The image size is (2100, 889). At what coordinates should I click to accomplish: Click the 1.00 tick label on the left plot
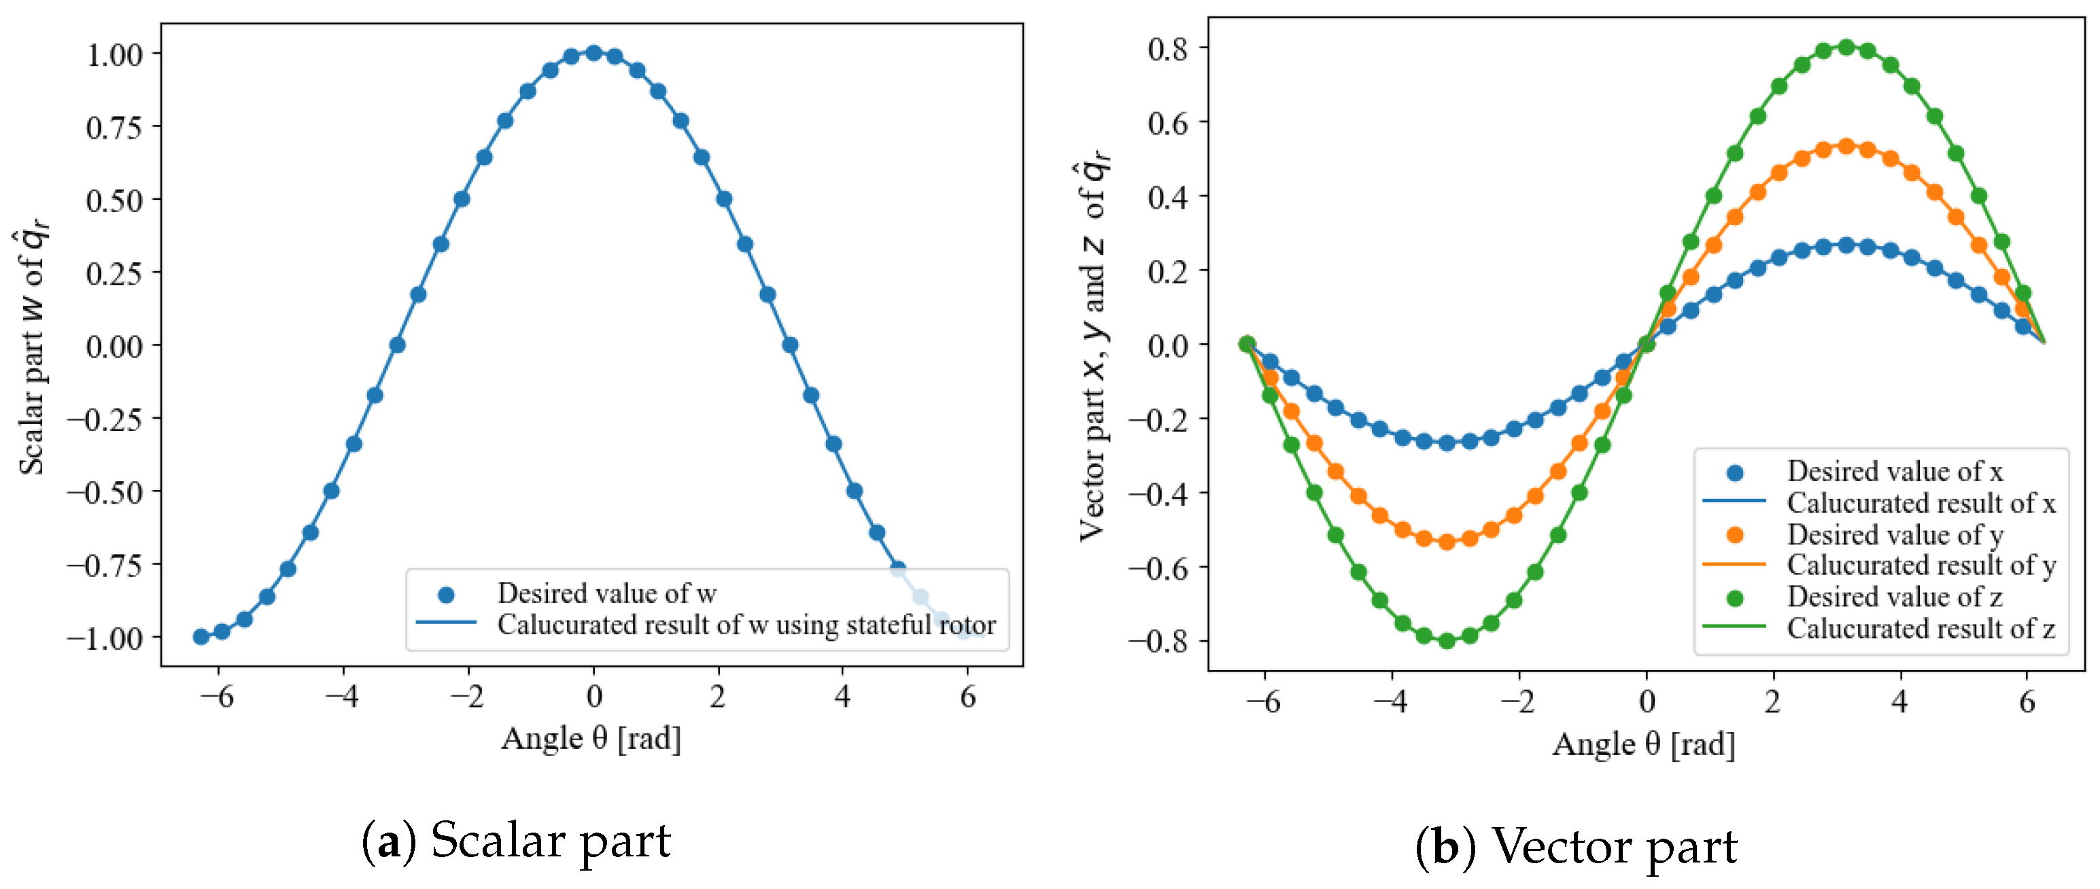tap(114, 56)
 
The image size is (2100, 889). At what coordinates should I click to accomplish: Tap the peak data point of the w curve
tap(593, 54)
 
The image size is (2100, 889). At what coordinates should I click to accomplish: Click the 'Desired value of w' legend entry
tap(606, 593)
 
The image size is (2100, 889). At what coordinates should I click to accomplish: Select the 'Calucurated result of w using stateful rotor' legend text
tap(746, 625)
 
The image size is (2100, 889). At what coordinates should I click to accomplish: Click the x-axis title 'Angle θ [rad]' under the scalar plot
tap(591, 738)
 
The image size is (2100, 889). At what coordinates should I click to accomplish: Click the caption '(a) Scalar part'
tap(515, 841)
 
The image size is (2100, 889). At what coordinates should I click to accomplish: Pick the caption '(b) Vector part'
tap(1575, 847)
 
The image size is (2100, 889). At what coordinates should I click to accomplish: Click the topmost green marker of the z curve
tap(1846, 48)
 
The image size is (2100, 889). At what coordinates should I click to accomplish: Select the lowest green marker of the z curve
tap(1447, 640)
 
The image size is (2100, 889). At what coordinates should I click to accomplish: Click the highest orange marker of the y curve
tap(1846, 147)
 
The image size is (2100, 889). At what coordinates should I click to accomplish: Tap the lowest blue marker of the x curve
tap(1447, 442)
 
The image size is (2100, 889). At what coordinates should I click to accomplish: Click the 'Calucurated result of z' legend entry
tap(1920, 628)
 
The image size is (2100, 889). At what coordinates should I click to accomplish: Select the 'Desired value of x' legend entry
tap(1894, 471)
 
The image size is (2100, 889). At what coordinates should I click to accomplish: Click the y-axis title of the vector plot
tap(1092, 351)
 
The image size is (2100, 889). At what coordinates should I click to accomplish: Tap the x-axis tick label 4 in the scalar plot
tap(842, 696)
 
